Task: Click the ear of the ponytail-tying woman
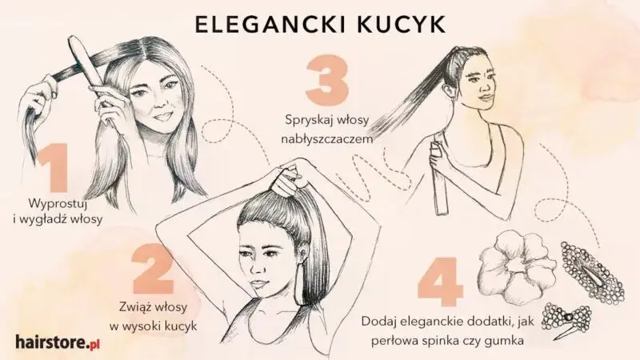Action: click(306, 243)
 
